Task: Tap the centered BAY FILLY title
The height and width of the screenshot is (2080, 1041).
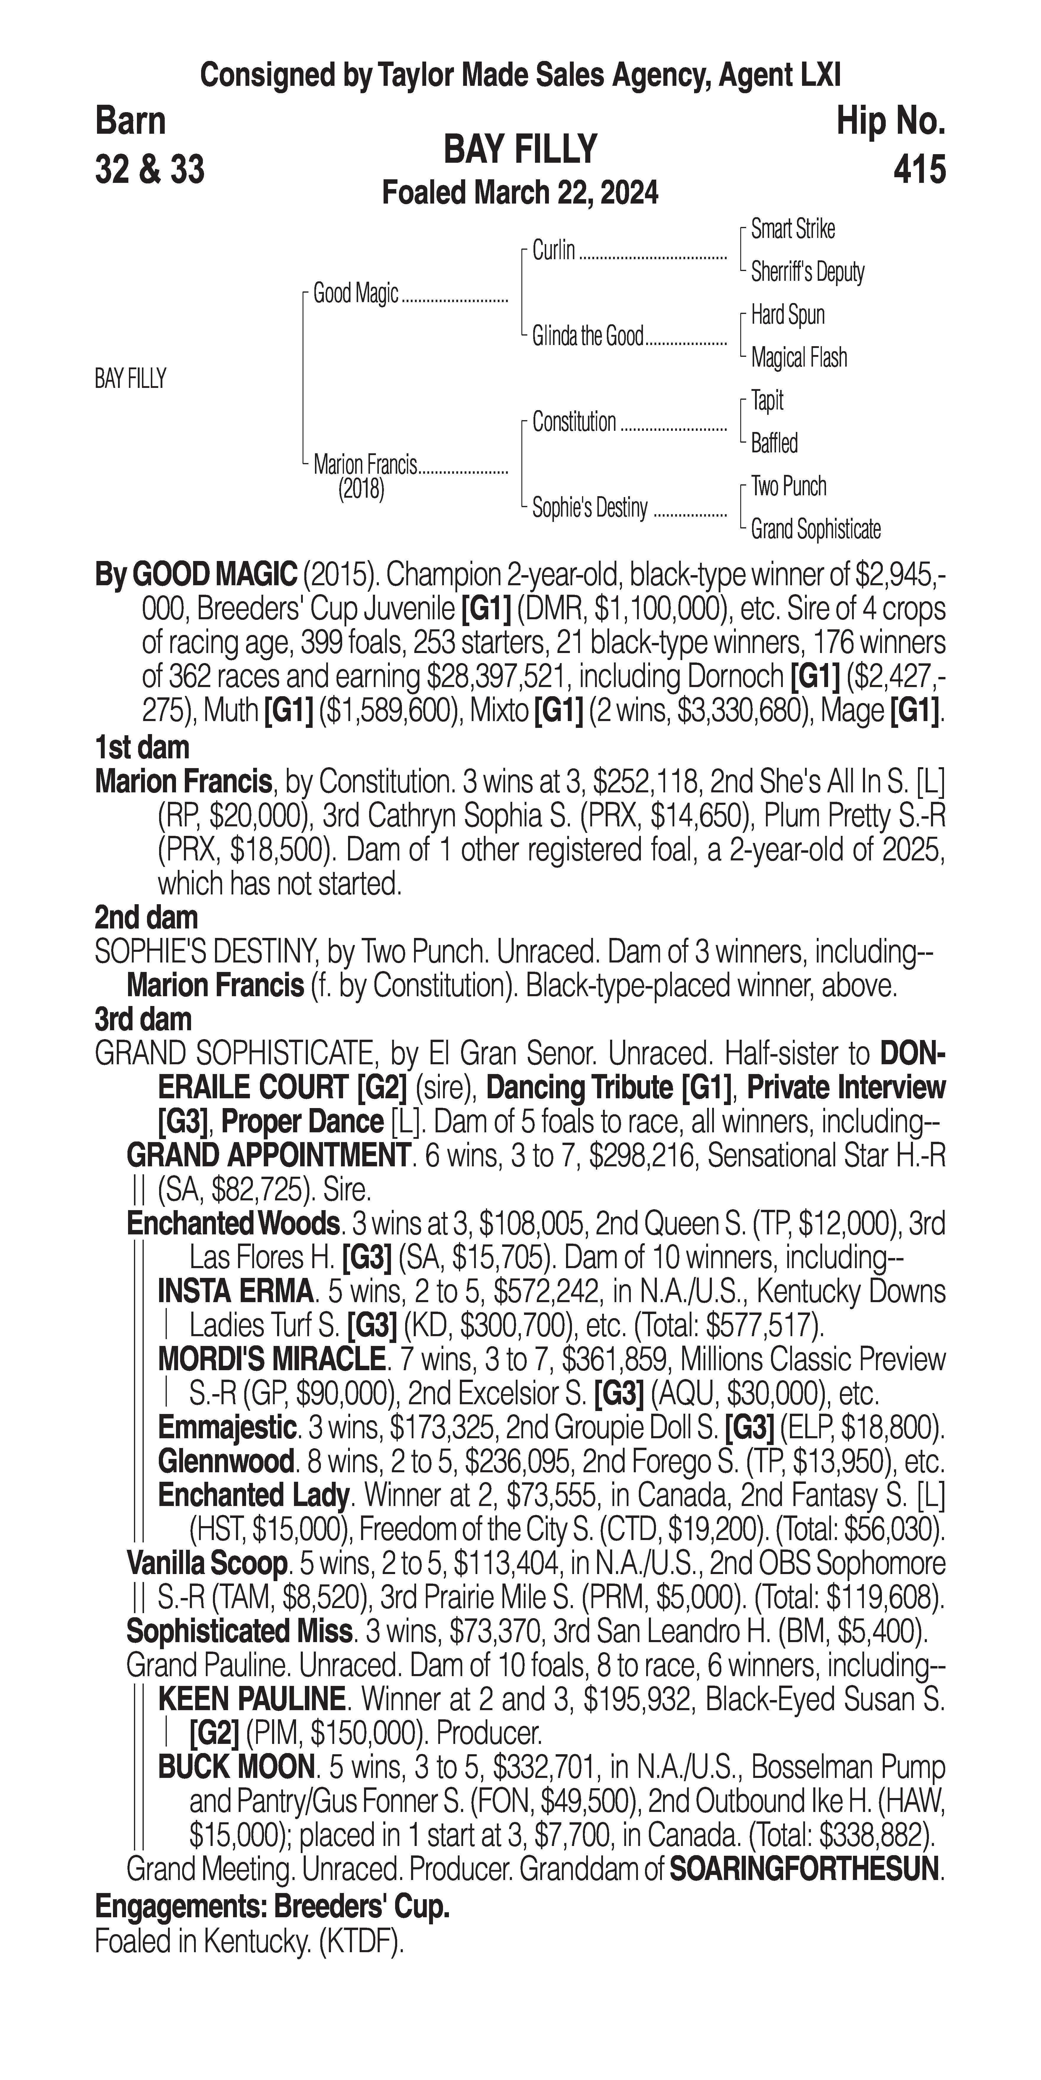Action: [x=520, y=149]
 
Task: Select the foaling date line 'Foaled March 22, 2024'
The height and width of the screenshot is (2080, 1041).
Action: [x=520, y=193]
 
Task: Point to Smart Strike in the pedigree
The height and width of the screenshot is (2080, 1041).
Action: [x=793, y=229]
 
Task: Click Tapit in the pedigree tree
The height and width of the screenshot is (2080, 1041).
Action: [x=767, y=401]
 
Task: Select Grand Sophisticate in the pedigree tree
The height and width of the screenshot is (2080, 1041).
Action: [x=815, y=530]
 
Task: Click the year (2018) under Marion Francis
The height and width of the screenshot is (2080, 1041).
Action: [x=361, y=489]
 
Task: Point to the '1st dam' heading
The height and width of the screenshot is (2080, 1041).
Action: [x=142, y=747]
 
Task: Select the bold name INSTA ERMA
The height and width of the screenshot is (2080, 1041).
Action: [x=235, y=1291]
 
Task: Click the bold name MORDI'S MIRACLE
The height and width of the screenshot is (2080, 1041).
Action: [x=271, y=1359]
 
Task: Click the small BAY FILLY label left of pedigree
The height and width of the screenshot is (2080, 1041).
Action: [x=130, y=379]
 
